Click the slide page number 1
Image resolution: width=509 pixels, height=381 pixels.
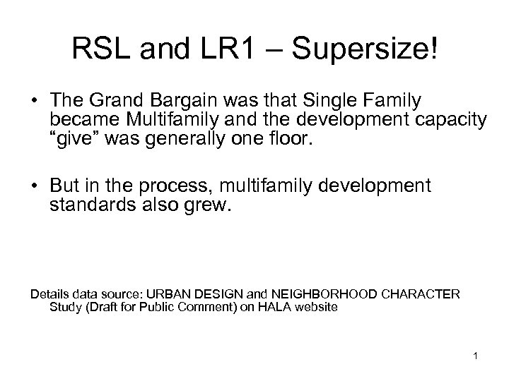click(476, 356)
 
